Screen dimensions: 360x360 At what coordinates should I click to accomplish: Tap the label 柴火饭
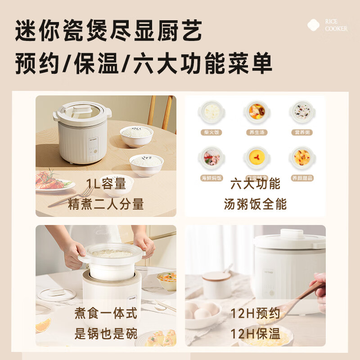pos(211,132)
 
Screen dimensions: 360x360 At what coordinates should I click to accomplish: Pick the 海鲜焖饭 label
pos(211,178)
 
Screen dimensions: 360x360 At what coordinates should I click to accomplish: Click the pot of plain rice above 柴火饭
pos(211,112)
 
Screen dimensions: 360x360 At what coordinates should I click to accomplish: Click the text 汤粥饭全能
pos(255,204)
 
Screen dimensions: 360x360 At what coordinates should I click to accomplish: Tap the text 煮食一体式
pos(106,313)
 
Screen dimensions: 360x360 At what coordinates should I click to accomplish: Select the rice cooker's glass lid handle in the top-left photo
pos(82,109)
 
